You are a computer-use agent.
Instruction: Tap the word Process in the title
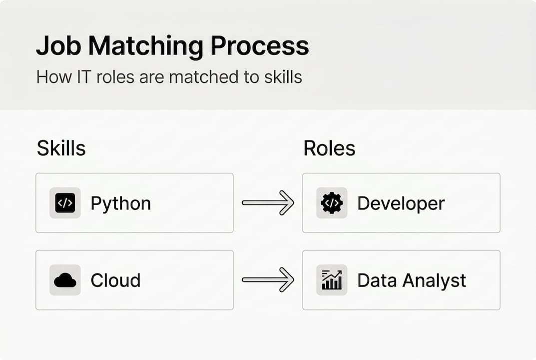pyautogui.click(x=259, y=46)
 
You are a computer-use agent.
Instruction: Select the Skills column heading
pyautogui.click(x=61, y=148)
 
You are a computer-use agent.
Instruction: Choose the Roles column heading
pyautogui.click(x=329, y=148)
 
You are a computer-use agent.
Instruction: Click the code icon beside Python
pyautogui.click(x=65, y=203)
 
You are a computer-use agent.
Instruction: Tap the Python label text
pyautogui.click(x=120, y=204)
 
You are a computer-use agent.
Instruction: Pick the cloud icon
pyautogui.click(x=65, y=280)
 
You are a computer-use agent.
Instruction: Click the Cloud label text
pyautogui.click(x=115, y=280)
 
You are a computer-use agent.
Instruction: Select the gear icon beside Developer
pyautogui.click(x=332, y=203)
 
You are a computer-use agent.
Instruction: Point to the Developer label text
pyautogui.click(x=401, y=203)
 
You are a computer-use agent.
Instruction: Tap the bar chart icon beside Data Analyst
pyautogui.click(x=332, y=280)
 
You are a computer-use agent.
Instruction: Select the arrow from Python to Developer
pyautogui.click(x=268, y=203)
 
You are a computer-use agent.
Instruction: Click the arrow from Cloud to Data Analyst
pyautogui.click(x=268, y=280)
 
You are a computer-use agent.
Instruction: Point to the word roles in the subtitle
pyautogui.click(x=131, y=77)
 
